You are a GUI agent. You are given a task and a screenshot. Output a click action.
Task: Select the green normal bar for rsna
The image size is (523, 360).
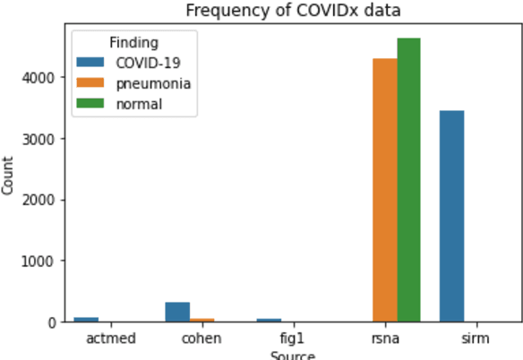[x=408, y=179]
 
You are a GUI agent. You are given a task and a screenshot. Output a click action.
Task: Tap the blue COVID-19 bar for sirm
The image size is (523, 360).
[x=451, y=216]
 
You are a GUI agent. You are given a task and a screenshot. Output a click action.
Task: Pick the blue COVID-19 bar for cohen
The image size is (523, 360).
[x=177, y=312]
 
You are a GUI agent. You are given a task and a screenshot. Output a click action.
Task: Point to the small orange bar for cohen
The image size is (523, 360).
[x=201, y=319]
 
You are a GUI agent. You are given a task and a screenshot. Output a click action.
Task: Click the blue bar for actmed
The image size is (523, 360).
[x=86, y=319]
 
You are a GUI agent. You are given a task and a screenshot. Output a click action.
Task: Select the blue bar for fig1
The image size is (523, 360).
[x=269, y=320]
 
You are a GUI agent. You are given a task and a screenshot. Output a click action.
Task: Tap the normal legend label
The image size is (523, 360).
[x=139, y=104]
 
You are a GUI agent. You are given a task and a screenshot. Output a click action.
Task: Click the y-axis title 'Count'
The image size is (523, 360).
[x=8, y=176]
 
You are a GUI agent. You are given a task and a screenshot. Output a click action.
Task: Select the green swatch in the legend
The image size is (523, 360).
[x=90, y=104]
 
